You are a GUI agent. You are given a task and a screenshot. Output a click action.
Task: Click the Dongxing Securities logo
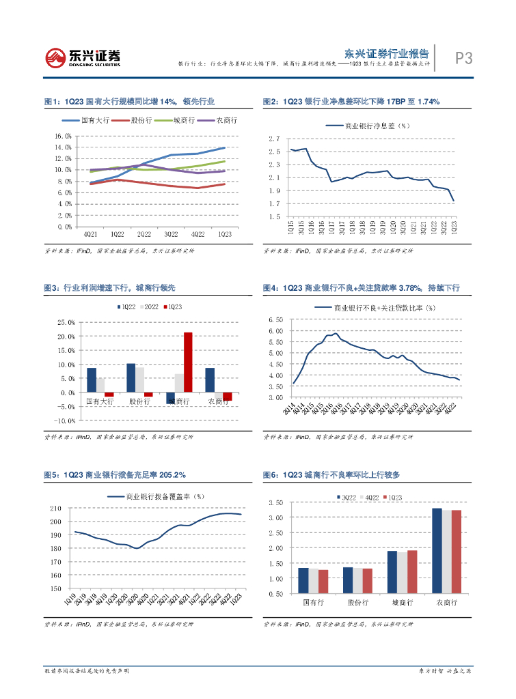[83, 57]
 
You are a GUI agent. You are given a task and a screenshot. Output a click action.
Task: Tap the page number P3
[464, 59]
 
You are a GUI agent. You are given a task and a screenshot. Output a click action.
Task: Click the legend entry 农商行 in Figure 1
[226, 120]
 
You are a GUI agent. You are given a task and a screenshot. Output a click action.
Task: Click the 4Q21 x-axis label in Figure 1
[90, 233]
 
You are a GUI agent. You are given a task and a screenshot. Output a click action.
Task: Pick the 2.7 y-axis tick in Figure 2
[275, 139]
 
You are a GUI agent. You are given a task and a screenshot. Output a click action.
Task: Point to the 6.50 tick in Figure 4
[275, 319]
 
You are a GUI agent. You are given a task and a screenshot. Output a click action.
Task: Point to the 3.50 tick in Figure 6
[275, 502]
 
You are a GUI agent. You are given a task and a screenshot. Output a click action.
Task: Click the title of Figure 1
[129, 102]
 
